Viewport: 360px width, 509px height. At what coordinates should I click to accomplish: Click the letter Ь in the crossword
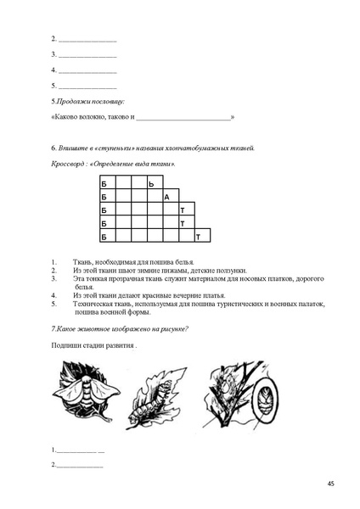pyautogui.click(x=151, y=183)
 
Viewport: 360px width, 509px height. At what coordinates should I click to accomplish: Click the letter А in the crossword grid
pyautogui.click(x=167, y=197)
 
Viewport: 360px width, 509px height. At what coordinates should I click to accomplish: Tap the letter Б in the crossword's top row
pyautogui.click(x=104, y=183)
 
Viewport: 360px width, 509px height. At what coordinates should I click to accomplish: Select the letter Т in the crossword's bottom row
pyautogui.click(x=198, y=237)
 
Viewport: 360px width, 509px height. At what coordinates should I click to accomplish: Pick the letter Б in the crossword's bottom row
pyautogui.click(x=104, y=237)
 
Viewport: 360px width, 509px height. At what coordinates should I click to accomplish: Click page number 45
pyautogui.click(x=330, y=484)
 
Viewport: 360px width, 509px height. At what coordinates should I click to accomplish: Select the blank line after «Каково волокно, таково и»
pyautogui.click(x=183, y=117)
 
